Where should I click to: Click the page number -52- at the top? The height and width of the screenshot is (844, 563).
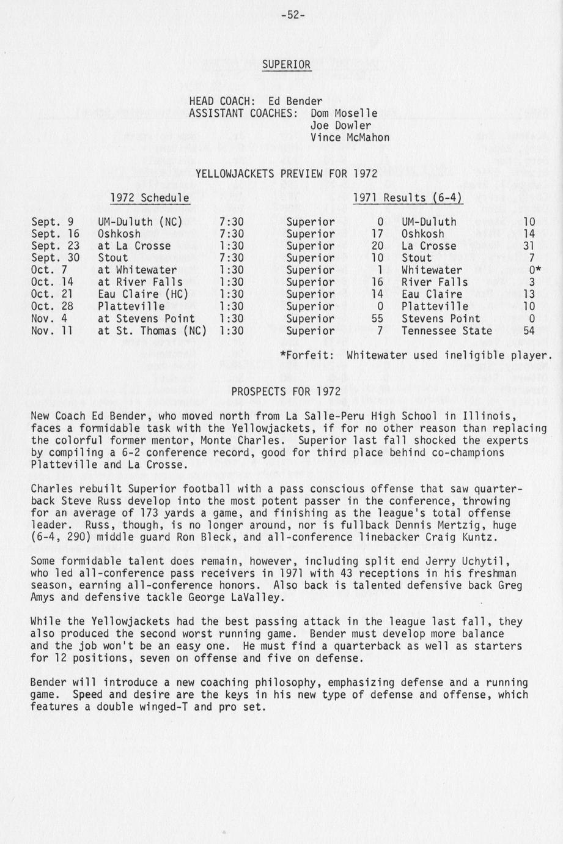(x=293, y=15)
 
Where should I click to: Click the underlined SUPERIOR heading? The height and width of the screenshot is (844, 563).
(x=287, y=64)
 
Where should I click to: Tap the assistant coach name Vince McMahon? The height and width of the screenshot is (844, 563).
(x=350, y=138)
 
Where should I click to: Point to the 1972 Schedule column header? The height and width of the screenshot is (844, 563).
(x=149, y=198)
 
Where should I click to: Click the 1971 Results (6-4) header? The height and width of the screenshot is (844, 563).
(x=408, y=198)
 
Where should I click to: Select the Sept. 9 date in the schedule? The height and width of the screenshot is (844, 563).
(x=52, y=222)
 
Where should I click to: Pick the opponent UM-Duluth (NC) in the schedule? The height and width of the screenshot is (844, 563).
(x=140, y=222)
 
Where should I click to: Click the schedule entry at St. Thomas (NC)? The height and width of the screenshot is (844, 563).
(x=152, y=331)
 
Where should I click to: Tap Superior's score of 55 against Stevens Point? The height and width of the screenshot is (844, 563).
(x=377, y=319)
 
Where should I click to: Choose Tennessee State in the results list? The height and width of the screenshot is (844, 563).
(x=446, y=331)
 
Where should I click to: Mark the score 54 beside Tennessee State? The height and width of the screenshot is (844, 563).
(x=529, y=331)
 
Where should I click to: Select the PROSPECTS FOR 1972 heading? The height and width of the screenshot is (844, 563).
(x=286, y=391)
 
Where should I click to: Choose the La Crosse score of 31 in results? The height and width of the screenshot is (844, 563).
(x=529, y=246)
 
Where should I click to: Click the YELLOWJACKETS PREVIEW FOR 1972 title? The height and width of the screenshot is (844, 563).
(x=286, y=174)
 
